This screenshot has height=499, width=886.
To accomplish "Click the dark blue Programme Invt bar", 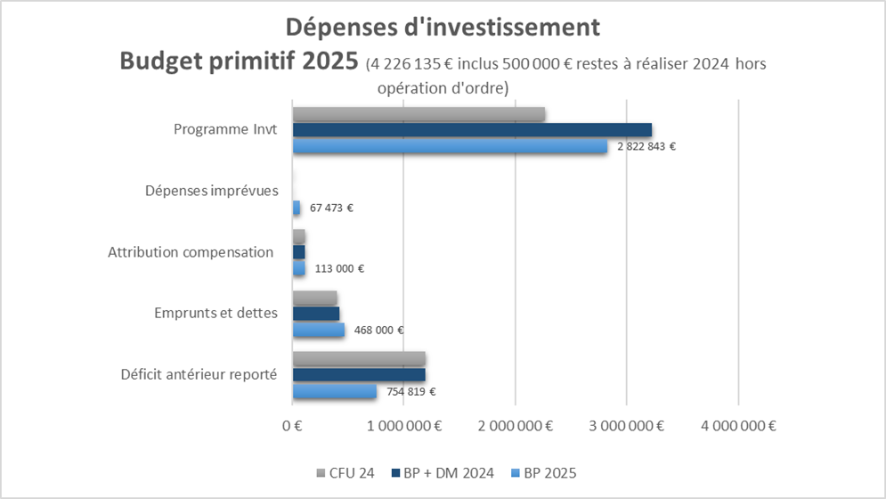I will click(x=472, y=130).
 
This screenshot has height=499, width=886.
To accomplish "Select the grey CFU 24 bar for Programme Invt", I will click(x=419, y=113).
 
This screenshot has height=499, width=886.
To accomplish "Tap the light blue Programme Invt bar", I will click(x=450, y=146).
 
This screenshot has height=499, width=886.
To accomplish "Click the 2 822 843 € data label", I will click(x=646, y=146).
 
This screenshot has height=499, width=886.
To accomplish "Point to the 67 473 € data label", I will click(x=331, y=208).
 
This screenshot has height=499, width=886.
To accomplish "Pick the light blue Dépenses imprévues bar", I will click(x=297, y=208).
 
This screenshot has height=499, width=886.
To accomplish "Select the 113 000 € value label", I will click(x=340, y=268).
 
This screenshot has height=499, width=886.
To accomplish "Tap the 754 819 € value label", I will click(x=410, y=391).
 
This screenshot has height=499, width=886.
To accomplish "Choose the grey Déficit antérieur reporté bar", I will click(x=359, y=358).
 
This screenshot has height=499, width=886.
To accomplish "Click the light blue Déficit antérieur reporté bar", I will click(x=335, y=391).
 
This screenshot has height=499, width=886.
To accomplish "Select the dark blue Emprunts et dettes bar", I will click(x=316, y=314).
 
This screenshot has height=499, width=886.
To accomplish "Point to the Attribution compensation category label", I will click(x=191, y=252).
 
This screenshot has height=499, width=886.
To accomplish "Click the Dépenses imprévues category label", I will click(x=212, y=191).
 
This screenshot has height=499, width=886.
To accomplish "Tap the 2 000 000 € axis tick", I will click(x=516, y=426).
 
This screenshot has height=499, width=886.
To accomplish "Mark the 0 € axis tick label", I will click(x=293, y=426).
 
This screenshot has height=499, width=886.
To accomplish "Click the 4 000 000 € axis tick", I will click(x=739, y=426).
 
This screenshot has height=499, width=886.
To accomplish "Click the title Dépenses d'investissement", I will click(x=443, y=28).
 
